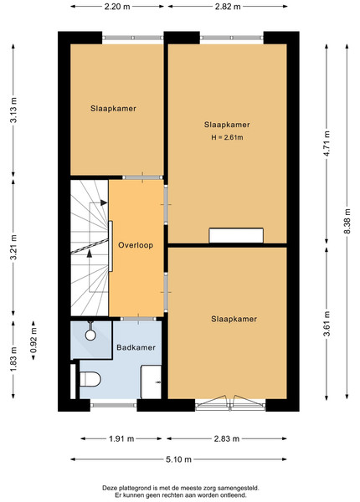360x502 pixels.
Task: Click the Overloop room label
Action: point(136,245)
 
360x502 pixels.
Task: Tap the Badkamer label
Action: point(136,347)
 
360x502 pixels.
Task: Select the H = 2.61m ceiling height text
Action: point(227,137)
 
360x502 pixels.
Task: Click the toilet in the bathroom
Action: point(90,379)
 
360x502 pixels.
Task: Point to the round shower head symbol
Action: point(90,336)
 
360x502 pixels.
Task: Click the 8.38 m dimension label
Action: point(347,221)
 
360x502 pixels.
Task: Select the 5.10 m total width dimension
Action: point(178,459)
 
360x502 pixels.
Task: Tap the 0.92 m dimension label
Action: point(33,340)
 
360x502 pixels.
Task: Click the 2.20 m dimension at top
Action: point(117,7)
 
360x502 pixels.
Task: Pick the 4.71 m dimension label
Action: point(327,144)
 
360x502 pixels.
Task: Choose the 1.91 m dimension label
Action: point(121,438)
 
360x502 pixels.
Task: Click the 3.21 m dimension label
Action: point(13,248)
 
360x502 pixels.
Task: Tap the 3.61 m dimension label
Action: point(327,324)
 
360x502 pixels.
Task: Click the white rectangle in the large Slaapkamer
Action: point(236,235)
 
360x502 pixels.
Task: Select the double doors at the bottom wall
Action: point(230,403)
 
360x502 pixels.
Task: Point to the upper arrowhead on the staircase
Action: point(104,202)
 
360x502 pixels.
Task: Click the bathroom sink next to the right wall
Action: point(151,382)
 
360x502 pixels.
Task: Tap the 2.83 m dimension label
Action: point(226,438)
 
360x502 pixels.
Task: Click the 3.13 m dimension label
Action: point(13,110)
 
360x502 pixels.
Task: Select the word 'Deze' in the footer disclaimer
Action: point(110,489)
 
